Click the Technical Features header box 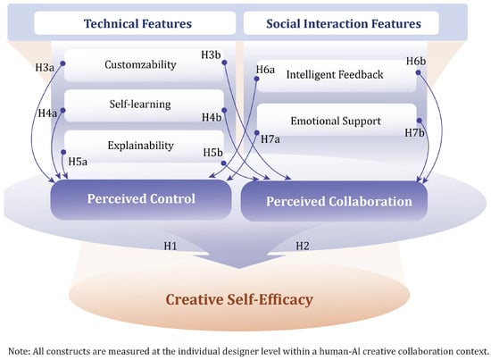[x=135, y=23]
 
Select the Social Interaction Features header [x=341, y=23]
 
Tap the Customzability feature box [x=140, y=65]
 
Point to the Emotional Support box [x=337, y=121]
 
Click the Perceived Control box [x=141, y=199]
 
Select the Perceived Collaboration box [x=334, y=201]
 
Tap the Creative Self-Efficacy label [x=239, y=299]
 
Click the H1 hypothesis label [x=171, y=246]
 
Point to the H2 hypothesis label [x=303, y=246]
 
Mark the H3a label [x=45, y=67]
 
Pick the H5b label [x=213, y=153]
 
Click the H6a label [x=265, y=70]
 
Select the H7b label [x=414, y=133]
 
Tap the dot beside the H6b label [x=418, y=72]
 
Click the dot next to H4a [x=62, y=110]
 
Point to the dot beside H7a [x=257, y=133]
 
